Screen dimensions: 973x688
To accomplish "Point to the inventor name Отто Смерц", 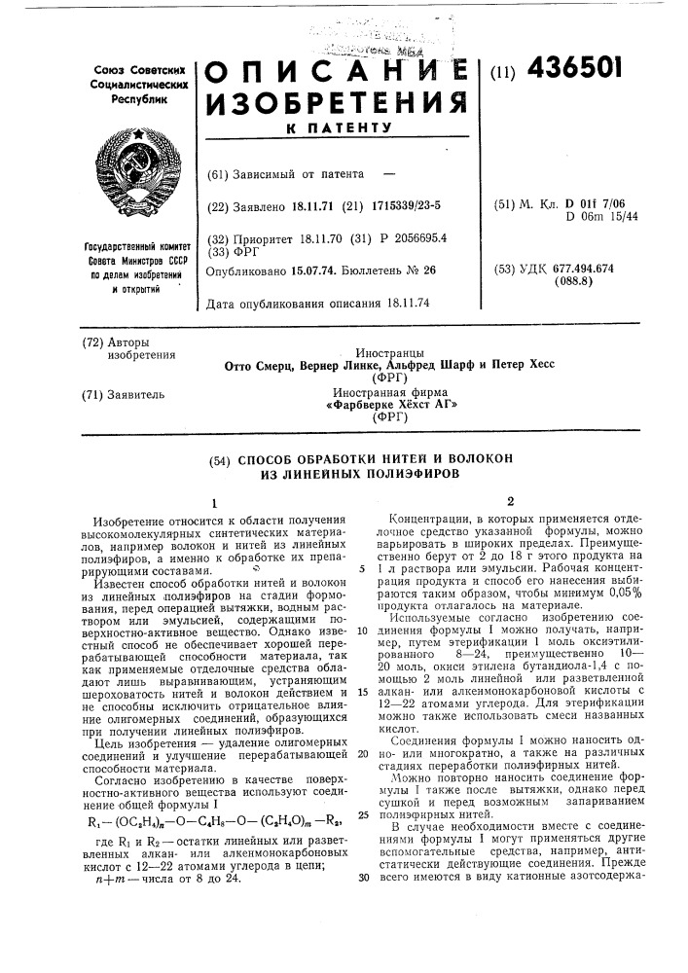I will click(259, 365).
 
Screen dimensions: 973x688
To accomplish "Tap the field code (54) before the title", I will click(223, 457).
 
